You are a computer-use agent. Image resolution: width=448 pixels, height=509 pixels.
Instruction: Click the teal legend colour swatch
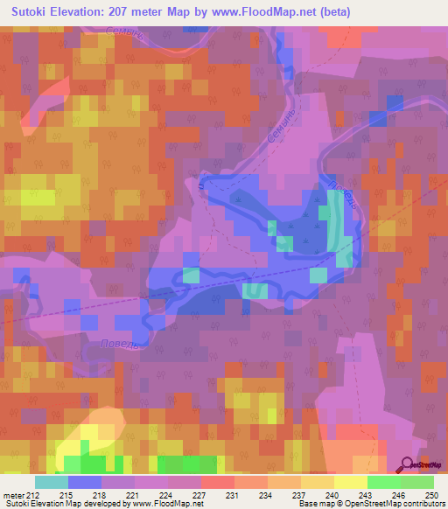pos(51,482)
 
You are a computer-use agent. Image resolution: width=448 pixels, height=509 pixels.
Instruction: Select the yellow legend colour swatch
pos(350,482)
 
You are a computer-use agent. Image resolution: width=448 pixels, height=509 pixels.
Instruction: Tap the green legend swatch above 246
pos(383,482)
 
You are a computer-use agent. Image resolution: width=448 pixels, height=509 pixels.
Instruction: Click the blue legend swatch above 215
pos(84,482)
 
